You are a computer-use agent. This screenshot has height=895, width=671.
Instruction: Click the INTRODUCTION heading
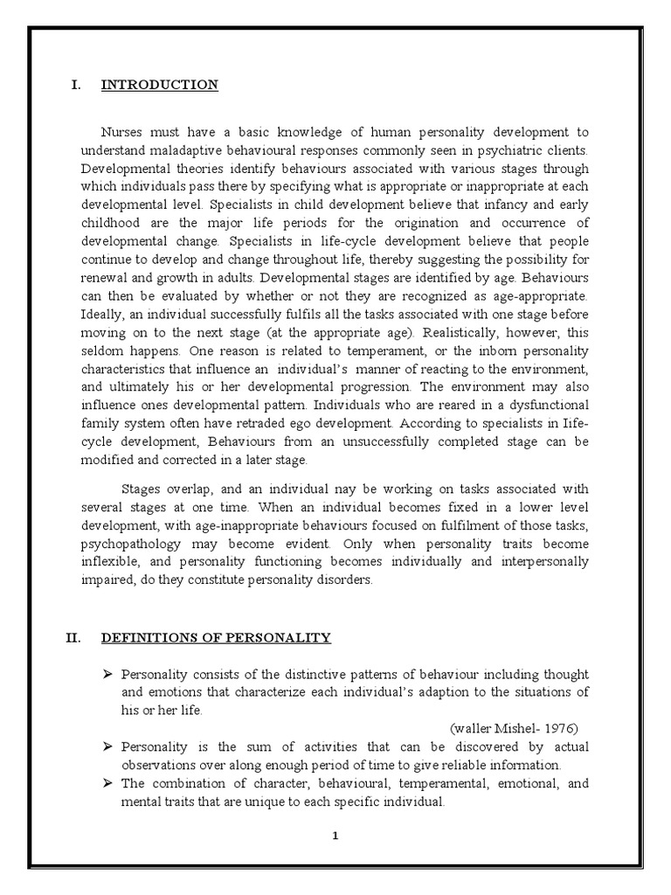[x=159, y=85]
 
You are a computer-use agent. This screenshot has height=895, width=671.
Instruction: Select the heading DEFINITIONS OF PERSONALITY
[x=216, y=638]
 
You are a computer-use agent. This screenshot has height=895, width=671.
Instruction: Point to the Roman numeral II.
[x=73, y=638]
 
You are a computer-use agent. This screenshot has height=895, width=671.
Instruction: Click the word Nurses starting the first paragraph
[x=122, y=132]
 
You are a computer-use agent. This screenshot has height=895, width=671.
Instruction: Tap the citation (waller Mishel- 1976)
[x=514, y=727]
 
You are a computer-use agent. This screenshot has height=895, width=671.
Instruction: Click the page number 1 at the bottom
[x=335, y=836]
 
